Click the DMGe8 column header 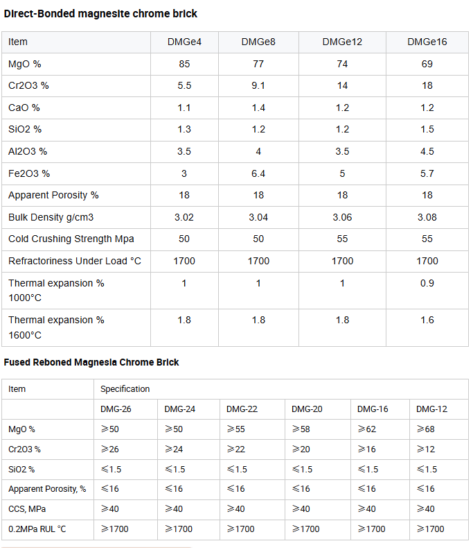click(258, 42)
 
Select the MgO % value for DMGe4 click(184, 64)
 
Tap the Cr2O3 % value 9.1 click(258, 85)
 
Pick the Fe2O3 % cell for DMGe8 click(258, 173)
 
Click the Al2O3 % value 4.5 click(427, 151)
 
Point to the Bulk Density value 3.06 click(342, 217)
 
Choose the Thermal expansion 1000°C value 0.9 click(427, 283)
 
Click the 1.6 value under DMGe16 click(427, 320)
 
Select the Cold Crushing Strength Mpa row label click(71, 239)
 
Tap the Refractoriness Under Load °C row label click(75, 261)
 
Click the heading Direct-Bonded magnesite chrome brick click(100, 14)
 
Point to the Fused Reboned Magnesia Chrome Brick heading click(91, 362)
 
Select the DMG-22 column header click(242, 409)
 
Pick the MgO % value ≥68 click(425, 429)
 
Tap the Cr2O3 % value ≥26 click(110, 449)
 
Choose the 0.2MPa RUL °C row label click(37, 529)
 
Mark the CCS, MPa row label click(27, 509)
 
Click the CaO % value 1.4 click(258, 108)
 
